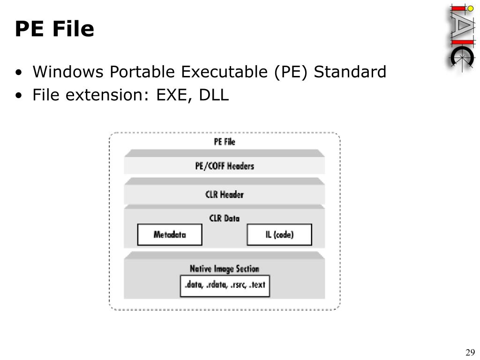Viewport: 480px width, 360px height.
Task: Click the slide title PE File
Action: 54,29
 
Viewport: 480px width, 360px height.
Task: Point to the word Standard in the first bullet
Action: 350,72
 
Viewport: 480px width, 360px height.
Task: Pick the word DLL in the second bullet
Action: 214,95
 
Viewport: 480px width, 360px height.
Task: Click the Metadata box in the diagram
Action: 170,234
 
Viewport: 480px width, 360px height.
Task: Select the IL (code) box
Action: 279,234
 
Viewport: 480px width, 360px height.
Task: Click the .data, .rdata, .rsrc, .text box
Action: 225,285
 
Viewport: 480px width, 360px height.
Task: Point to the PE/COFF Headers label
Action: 225,166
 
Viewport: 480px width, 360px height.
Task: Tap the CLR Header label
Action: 225,194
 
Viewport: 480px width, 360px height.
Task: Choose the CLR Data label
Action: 225,218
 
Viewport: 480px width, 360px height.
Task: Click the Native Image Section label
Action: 225,269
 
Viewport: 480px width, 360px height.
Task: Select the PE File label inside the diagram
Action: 225,142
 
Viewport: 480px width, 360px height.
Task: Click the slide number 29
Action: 470,352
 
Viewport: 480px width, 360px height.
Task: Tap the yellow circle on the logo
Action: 470,8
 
